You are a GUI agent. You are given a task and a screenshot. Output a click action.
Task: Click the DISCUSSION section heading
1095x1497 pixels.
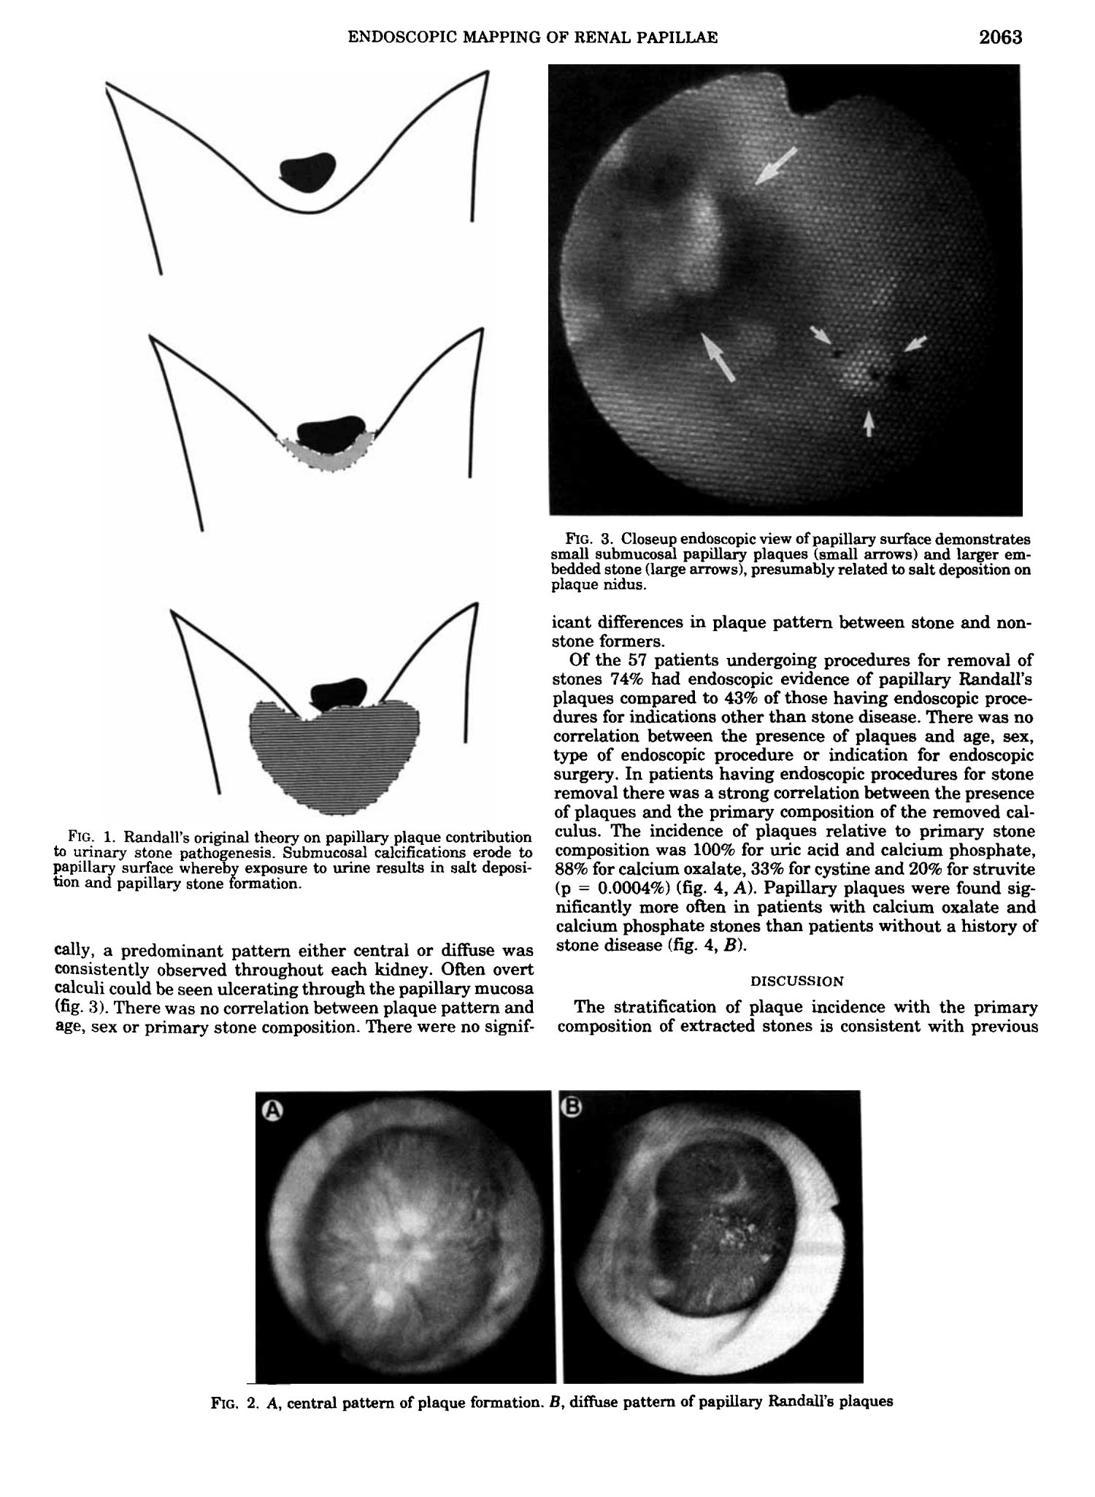[x=796, y=981]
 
